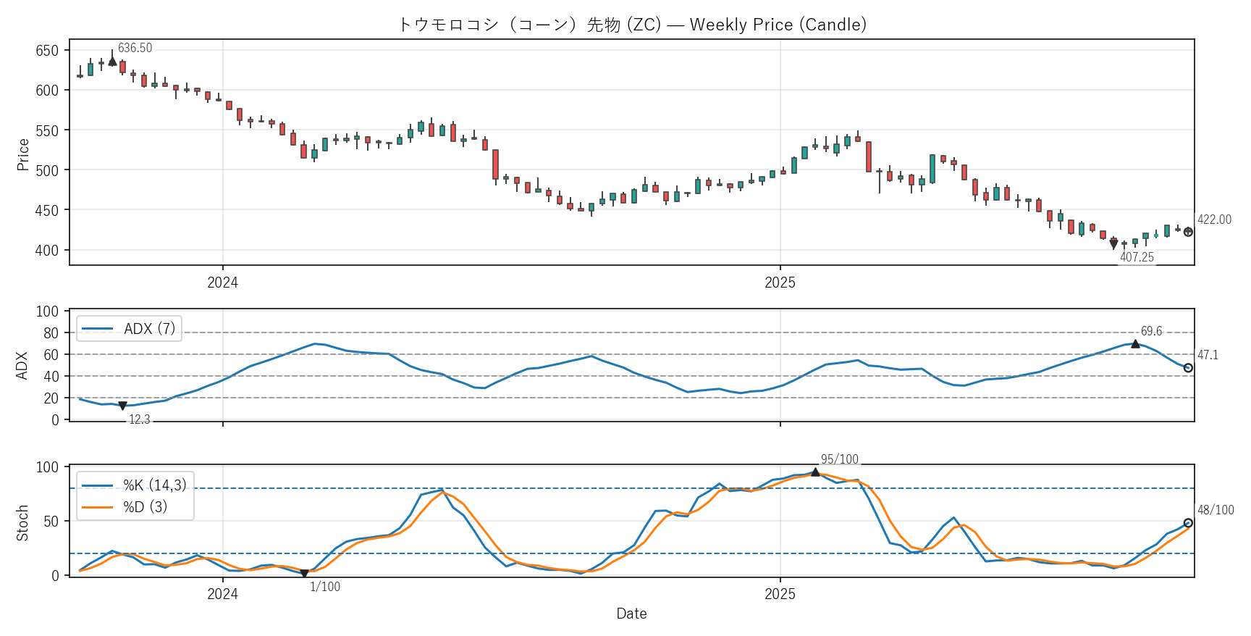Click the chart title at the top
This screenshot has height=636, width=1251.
tap(631, 25)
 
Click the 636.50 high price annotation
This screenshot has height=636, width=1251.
tap(135, 48)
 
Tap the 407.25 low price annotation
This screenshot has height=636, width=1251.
tap(1137, 257)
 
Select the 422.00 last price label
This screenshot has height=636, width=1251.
tap(1214, 219)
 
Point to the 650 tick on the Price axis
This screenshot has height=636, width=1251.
tap(47, 51)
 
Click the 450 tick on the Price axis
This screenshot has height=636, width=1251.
tap(47, 210)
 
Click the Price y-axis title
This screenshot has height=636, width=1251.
tap(23, 154)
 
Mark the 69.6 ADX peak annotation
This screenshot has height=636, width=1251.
tap(1151, 331)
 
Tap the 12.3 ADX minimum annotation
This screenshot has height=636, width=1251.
tap(140, 419)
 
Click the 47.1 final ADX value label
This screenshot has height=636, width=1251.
tap(1208, 355)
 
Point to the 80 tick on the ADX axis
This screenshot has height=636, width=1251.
tap(51, 333)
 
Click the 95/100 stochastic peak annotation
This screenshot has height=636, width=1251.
tap(839, 459)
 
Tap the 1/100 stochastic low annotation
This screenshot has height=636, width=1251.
tap(325, 587)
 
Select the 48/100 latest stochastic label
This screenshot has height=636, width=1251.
tap(1216, 510)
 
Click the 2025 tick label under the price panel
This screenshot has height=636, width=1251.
tap(780, 283)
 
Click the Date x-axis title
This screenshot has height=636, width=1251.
tap(631, 614)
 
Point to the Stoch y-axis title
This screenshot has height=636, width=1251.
tap(23, 523)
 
